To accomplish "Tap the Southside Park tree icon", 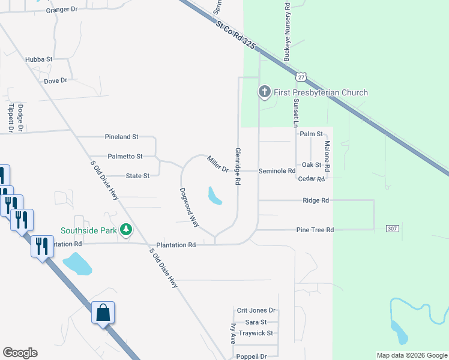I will [126, 229].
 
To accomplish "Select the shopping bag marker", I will [103, 313].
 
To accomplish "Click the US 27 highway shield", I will [301, 76].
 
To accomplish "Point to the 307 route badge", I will [392, 229].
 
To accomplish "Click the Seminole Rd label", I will [277, 171].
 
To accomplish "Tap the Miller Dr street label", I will [217, 164].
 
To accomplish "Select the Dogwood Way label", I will [189, 207].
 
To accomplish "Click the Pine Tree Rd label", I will [315, 230].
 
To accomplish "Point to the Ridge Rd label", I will [316, 200].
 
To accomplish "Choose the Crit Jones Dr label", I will [256, 310].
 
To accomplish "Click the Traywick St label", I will [256, 333].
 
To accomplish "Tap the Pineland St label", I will [121, 137].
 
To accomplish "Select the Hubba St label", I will [39, 59].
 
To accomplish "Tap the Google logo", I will [20, 353].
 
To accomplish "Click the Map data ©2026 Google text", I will [411, 355].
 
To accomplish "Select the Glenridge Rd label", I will [238, 166].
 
